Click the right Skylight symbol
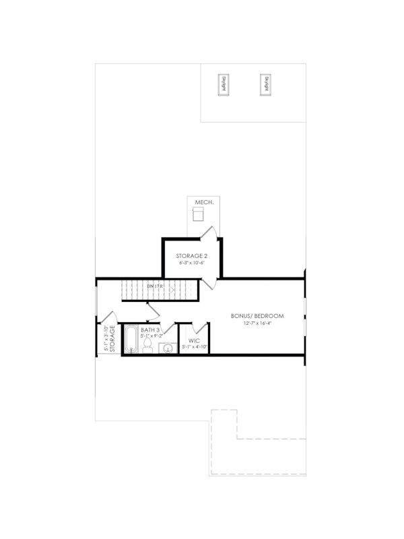(267, 84)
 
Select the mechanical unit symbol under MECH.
(198, 214)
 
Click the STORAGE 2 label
(193, 256)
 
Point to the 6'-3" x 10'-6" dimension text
(193, 264)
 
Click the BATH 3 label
(150, 330)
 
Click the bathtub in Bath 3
(131, 340)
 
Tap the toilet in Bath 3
(147, 344)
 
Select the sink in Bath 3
(167, 348)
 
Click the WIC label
(195, 340)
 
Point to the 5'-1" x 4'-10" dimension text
(195, 347)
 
